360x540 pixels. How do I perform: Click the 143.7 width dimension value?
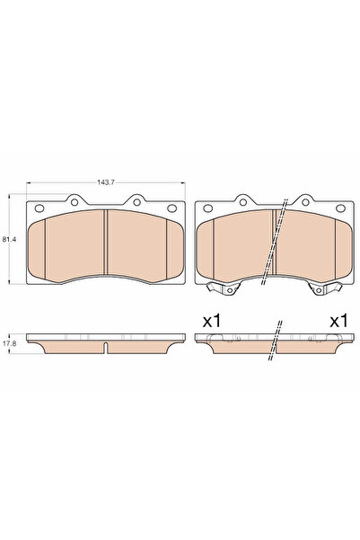point(106,181)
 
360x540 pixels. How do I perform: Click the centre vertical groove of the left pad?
point(106,244)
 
